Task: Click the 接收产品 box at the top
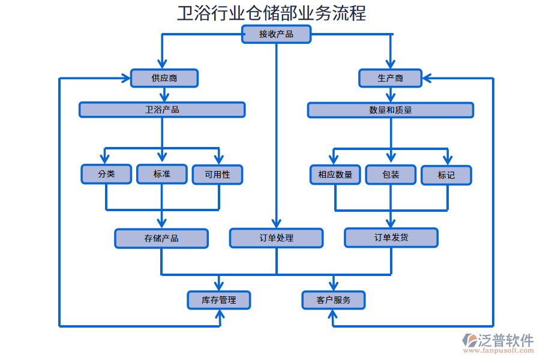tap(276, 34)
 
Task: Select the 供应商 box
tap(164, 78)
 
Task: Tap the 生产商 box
tap(390, 78)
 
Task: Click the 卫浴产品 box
tap(162, 110)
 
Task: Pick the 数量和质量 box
tap(390, 110)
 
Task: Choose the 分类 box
tap(106, 174)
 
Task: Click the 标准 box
tap(161, 174)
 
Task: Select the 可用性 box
tap(217, 175)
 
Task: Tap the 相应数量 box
tap(335, 175)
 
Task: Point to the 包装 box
tap(391, 175)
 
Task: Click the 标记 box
tap(446, 175)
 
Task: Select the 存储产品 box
tap(161, 238)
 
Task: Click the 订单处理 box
tap(276, 238)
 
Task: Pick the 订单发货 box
tap(391, 238)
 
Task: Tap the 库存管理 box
tap(219, 300)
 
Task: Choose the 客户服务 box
tap(333, 300)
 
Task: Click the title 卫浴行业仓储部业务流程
tap(271, 13)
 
